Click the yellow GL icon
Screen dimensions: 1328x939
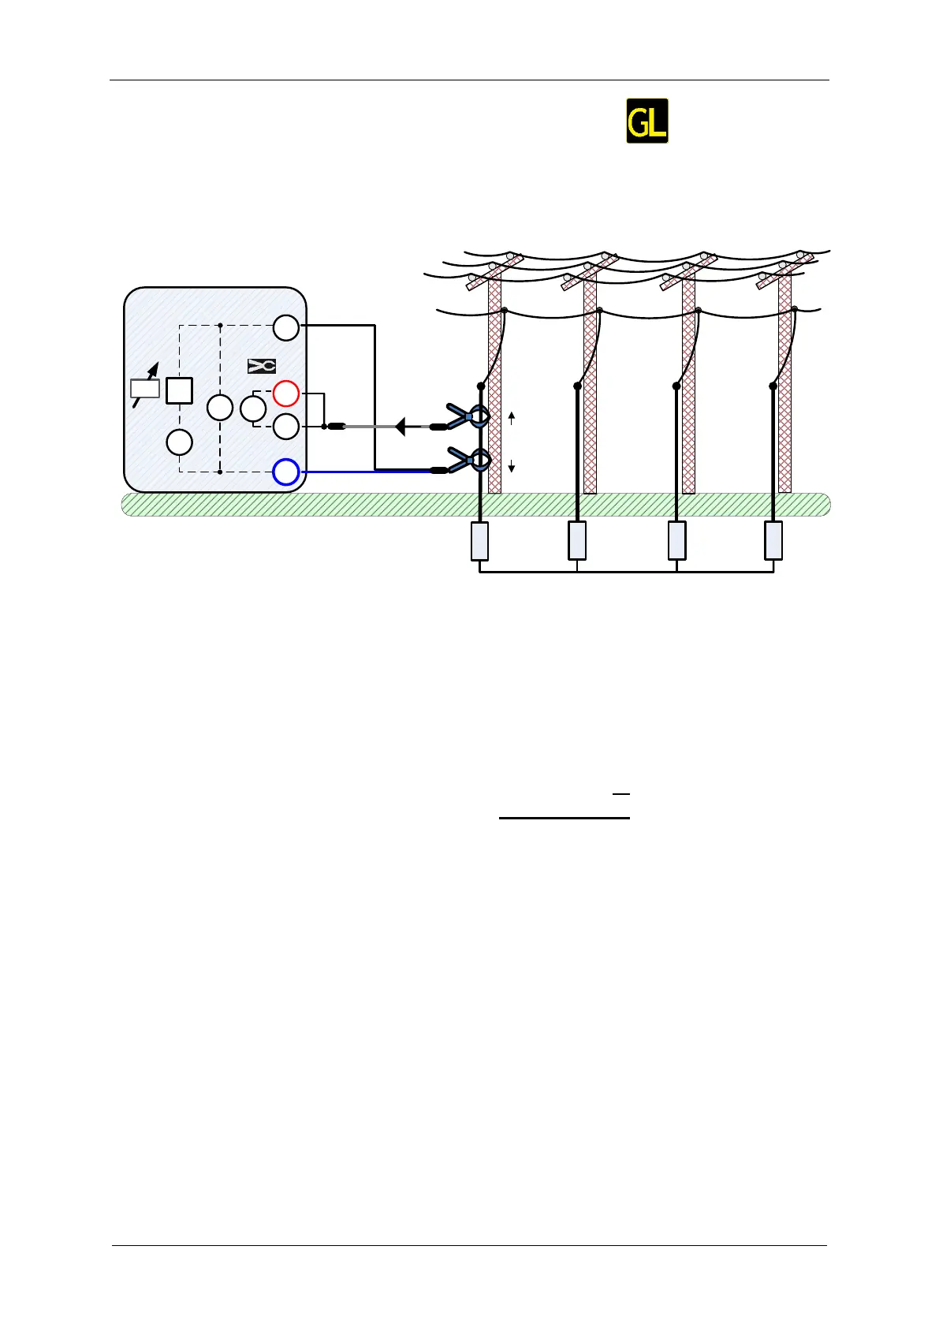646,121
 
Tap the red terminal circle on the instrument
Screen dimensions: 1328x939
285,393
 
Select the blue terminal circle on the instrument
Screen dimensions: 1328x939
285,472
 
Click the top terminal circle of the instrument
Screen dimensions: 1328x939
285,327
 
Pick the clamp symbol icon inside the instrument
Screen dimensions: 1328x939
262,366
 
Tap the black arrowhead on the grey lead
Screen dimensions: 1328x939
400,427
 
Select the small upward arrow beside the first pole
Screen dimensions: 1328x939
512,417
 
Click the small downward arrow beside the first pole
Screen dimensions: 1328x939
512,467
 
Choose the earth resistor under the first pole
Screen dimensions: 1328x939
479,541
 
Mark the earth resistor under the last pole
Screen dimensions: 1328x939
773,541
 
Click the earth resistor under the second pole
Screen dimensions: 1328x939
577,541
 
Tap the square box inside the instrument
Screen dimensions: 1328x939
180,391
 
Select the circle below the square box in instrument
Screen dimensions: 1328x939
180,442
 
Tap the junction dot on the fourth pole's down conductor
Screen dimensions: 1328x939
773,386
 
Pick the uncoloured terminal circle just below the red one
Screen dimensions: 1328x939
285,427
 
